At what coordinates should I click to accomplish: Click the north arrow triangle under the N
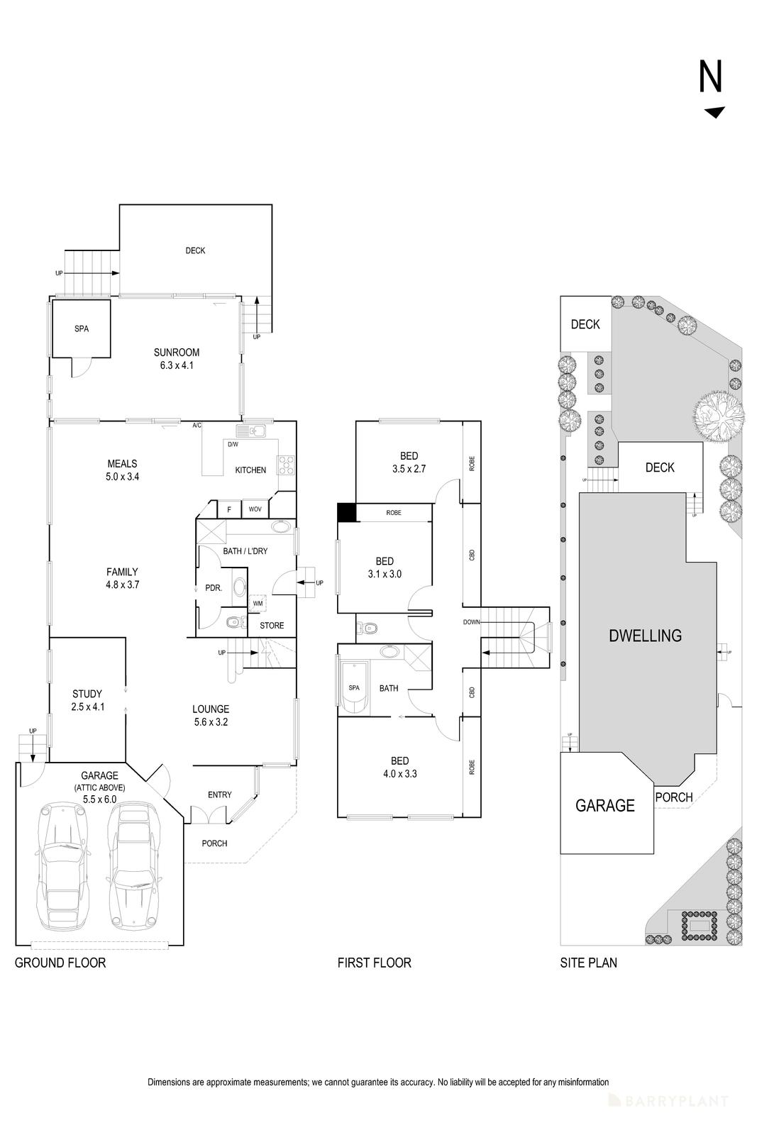[714, 112]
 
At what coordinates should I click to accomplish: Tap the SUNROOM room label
[177, 358]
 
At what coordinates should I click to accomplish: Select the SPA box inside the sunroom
[81, 328]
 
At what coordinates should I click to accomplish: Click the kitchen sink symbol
[251, 431]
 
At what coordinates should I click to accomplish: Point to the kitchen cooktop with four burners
[286, 465]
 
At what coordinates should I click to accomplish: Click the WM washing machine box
[258, 603]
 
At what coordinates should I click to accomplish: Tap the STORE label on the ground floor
[272, 625]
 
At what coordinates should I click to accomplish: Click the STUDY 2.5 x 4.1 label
[88, 699]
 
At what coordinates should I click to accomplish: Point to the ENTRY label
[219, 794]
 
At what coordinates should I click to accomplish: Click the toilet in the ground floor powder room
[232, 623]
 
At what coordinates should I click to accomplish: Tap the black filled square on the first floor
[346, 512]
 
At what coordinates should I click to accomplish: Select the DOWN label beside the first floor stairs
[471, 622]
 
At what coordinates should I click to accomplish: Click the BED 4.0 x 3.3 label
[399, 766]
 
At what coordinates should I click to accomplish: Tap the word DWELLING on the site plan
[645, 636]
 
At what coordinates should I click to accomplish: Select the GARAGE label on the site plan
[604, 805]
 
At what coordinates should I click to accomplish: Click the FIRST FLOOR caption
[374, 963]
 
